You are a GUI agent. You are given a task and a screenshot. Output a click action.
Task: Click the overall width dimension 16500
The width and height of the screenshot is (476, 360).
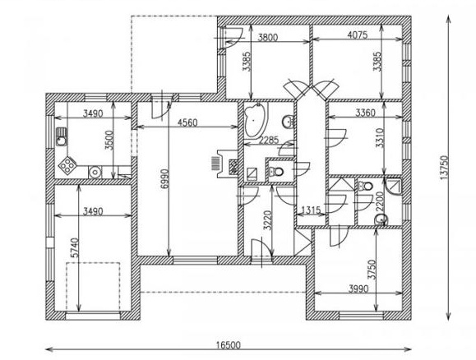coord(229,345)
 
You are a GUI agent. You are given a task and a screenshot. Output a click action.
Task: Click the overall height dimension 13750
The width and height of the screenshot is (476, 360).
coord(444,168)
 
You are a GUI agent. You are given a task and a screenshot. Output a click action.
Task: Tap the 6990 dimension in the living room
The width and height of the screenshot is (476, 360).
coord(164,179)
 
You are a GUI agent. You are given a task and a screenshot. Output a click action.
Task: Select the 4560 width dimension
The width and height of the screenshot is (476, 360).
coord(187,122)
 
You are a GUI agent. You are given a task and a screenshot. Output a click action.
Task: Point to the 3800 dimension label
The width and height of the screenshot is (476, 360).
coord(268,37)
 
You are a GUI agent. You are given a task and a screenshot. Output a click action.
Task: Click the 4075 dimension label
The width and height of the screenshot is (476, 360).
coord(358,35)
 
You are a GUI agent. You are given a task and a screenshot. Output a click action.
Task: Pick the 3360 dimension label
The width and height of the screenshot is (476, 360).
coord(365,113)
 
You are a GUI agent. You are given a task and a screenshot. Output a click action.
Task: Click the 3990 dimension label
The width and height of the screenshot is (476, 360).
coord(358,288)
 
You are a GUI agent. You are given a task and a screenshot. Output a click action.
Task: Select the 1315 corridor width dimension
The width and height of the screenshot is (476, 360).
coord(311,210)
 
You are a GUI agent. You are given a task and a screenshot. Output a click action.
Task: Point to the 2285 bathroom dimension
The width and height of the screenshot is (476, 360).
coord(269,140)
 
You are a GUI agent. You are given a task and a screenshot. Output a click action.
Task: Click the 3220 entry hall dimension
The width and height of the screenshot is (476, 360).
coord(267,220)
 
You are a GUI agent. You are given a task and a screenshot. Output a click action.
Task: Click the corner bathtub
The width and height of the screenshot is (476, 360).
coord(256,121)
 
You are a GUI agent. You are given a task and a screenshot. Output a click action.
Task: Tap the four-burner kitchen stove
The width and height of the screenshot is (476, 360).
coord(67,165)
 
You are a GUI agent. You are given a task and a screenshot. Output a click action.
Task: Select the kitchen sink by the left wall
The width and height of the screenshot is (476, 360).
coord(62,136)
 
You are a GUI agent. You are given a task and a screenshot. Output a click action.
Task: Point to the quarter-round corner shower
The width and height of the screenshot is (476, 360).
coord(394,186)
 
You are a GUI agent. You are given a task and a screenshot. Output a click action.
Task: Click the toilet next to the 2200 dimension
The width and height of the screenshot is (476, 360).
coord(365,186)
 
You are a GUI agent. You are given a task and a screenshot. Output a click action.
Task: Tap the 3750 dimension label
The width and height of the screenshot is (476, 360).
coord(372,270)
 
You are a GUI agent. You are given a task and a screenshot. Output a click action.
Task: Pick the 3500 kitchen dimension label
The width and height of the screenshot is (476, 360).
coord(109,141)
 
